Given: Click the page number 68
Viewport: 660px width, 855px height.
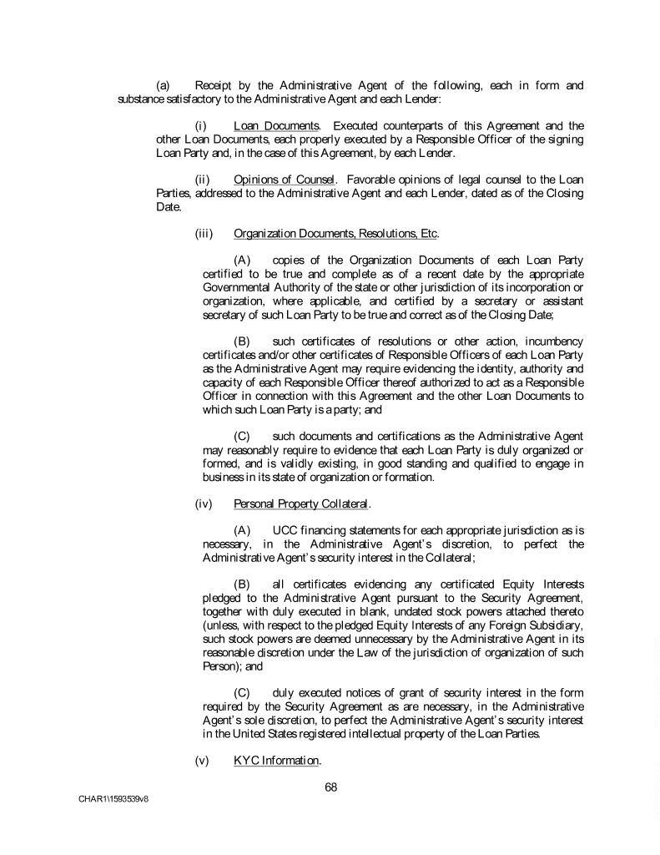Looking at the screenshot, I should click(x=330, y=786).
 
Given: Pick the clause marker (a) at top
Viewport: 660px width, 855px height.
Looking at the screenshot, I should click(x=164, y=85).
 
